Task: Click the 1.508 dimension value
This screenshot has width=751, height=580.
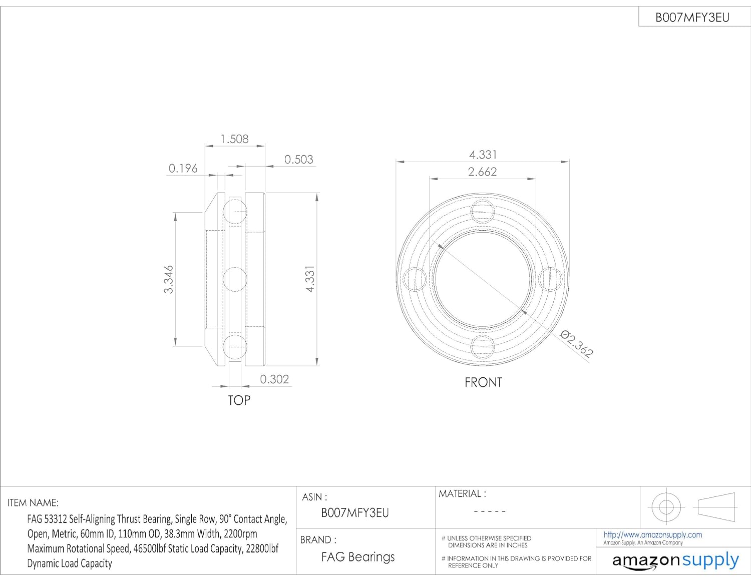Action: [x=234, y=139]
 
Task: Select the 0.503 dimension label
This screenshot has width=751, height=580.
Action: [x=298, y=159]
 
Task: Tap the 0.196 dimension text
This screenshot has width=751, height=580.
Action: [x=183, y=168]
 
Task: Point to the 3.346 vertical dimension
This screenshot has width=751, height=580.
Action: [x=168, y=279]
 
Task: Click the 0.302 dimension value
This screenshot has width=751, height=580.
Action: [x=274, y=379]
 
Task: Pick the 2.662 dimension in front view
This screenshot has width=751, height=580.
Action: [x=483, y=172]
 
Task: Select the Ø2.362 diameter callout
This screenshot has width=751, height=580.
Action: [x=576, y=343]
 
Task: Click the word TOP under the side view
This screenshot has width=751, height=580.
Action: [x=239, y=400]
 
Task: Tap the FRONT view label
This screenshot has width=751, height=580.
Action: [x=483, y=382]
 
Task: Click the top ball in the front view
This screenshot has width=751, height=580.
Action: [x=483, y=212]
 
